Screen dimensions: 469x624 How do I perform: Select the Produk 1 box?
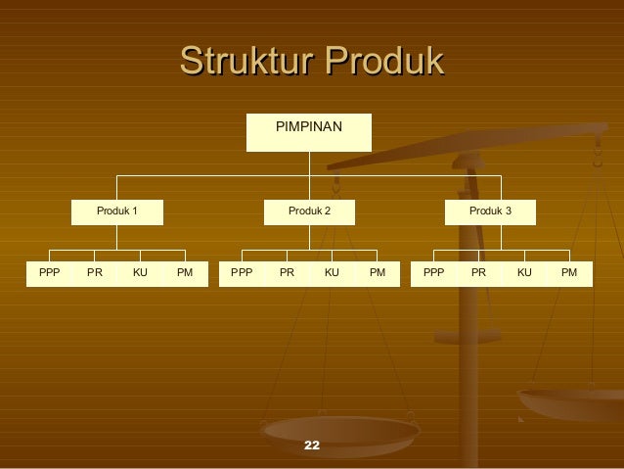point(116,211)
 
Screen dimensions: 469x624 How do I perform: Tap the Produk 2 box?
point(309,211)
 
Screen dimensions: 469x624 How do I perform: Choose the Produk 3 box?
point(490,211)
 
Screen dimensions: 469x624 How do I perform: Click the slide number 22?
point(312,446)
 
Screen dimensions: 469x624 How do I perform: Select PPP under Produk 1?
point(49,272)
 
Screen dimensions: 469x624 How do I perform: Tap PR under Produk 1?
point(95,272)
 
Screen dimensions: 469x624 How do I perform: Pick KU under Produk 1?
point(140,272)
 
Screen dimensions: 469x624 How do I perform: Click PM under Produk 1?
point(185,272)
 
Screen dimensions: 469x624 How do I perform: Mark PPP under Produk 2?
point(242,272)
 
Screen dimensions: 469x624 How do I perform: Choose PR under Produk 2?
point(287,272)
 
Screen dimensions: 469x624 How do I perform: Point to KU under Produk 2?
point(332,272)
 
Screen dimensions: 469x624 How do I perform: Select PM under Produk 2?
point(378,272)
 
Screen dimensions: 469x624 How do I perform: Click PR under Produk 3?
point(479,272)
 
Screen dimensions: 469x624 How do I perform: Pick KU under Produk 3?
point(524,272)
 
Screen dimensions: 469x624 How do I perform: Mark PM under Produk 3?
point(569,272)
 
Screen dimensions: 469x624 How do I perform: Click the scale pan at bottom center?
point(340,431)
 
